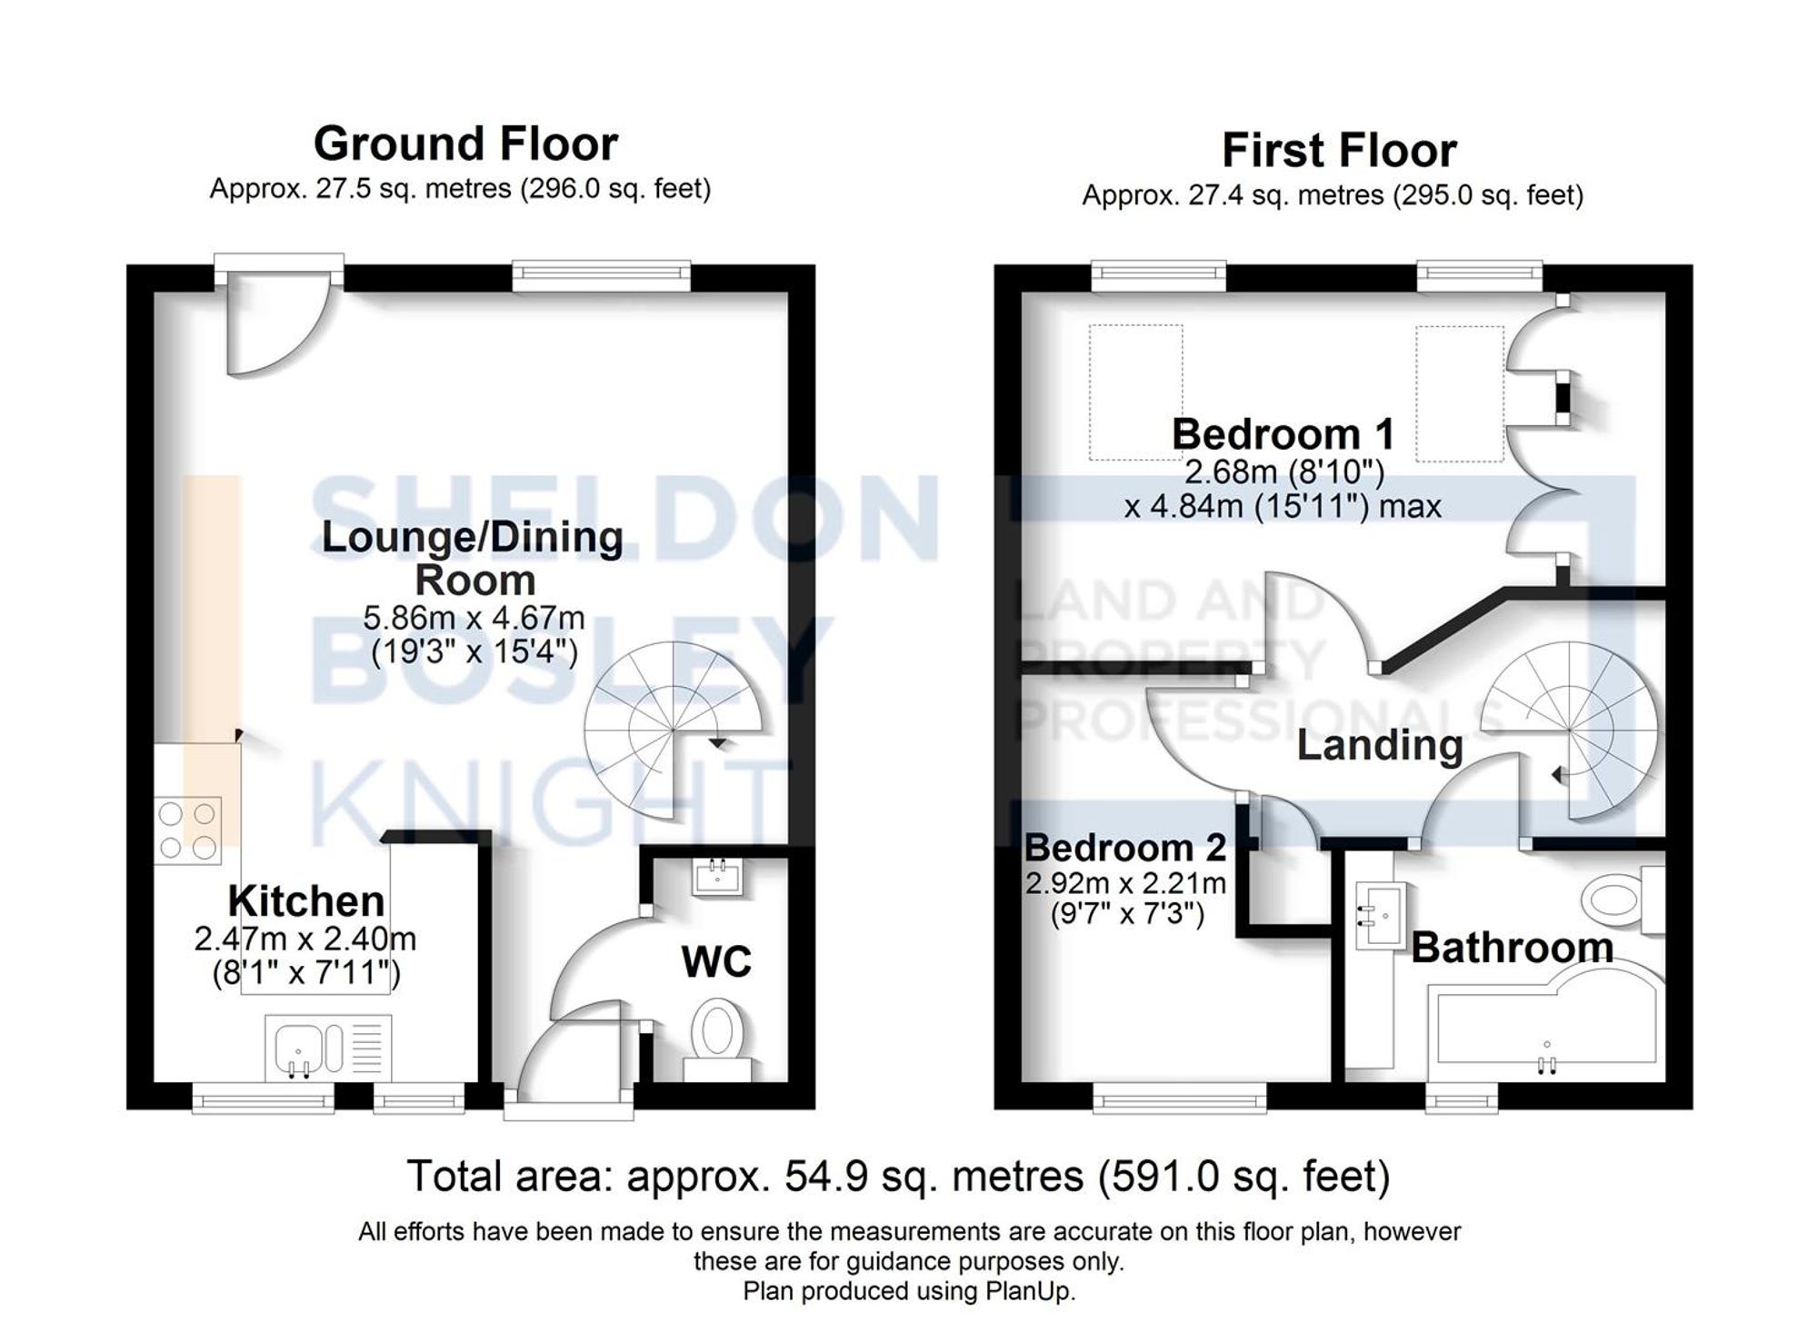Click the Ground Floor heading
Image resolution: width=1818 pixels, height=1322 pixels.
[x=465, y=144]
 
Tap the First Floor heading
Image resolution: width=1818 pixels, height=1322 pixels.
[x=1338, y=151]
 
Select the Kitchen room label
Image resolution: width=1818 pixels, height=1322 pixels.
[x=305, y=901]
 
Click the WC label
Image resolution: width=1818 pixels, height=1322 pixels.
[x=716, y=962]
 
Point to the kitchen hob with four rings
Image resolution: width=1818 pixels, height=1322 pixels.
[x=188, y=830]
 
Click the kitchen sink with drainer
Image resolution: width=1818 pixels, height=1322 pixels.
[x=327, y=1048]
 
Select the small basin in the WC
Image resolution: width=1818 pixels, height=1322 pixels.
[x=717, y=879]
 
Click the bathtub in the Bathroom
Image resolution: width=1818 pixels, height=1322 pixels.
[x=1545, y=1027]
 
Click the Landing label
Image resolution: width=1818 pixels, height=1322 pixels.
[x=1379, y=745]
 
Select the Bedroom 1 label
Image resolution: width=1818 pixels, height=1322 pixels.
[x=1282, y=434]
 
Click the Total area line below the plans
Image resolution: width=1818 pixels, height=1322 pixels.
[x=898, y=1176]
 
